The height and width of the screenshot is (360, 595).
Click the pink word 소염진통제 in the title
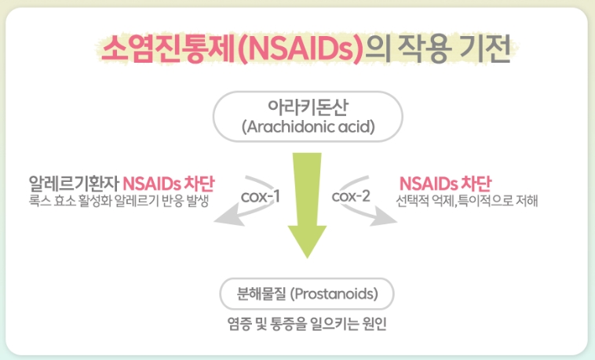pos(169,49)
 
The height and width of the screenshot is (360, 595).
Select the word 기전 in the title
pos(485,49)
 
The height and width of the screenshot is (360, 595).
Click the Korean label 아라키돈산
pos(308,107)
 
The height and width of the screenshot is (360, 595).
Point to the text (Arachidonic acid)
pos(308,126)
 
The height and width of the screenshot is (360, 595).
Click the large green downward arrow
pos(307,205)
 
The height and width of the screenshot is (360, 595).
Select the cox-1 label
pos(261,197)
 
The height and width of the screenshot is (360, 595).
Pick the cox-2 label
pos(351,196)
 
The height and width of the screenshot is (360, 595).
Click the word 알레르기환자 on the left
pos(75,184)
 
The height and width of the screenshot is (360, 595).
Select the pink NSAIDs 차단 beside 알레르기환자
pos(169,184)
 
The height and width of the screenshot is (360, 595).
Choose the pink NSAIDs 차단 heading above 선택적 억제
pos(445,184)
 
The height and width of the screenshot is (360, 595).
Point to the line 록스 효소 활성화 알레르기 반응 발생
pos(119,201)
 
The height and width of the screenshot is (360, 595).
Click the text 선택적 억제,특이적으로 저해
pos(467,200)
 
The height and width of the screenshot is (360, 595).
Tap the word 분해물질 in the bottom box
pos(261,293)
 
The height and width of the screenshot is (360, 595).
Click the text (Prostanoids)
pos(334,294)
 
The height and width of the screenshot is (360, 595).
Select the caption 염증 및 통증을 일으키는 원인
pos(307,324)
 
